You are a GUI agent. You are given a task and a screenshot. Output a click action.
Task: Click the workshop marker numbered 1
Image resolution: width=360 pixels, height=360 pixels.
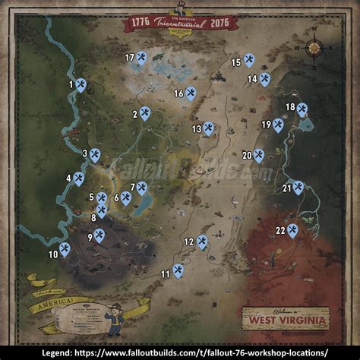coord(81,85)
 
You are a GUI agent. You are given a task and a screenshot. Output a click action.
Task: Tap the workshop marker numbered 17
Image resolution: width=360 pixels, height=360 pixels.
coord(141,58)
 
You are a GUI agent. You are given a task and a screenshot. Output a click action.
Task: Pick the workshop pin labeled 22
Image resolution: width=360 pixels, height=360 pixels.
coord(292,230)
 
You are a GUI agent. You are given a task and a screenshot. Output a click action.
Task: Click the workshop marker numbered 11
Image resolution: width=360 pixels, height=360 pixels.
coord(178,270)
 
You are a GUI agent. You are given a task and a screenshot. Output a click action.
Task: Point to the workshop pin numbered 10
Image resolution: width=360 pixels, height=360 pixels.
coord(65,248)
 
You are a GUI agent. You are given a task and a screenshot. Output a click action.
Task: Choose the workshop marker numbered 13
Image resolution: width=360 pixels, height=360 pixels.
coord(208,129)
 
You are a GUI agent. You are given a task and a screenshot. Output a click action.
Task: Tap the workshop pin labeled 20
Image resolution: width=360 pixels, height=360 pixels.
coord(259,155)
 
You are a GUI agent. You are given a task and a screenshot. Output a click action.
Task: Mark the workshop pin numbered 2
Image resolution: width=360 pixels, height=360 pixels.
coord(145,114)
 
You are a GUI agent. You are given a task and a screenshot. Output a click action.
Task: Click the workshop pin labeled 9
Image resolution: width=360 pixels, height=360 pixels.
coord(99,236)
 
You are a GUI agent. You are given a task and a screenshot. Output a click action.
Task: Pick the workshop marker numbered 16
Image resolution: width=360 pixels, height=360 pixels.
coord(191,93)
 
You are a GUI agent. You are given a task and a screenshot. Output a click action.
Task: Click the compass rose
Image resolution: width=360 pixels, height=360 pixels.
coord(313,47)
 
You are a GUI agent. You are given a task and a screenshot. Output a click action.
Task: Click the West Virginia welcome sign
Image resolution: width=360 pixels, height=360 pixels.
coord(286,317)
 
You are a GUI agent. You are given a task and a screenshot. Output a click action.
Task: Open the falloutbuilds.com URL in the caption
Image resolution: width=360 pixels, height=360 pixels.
coord(205,352)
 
